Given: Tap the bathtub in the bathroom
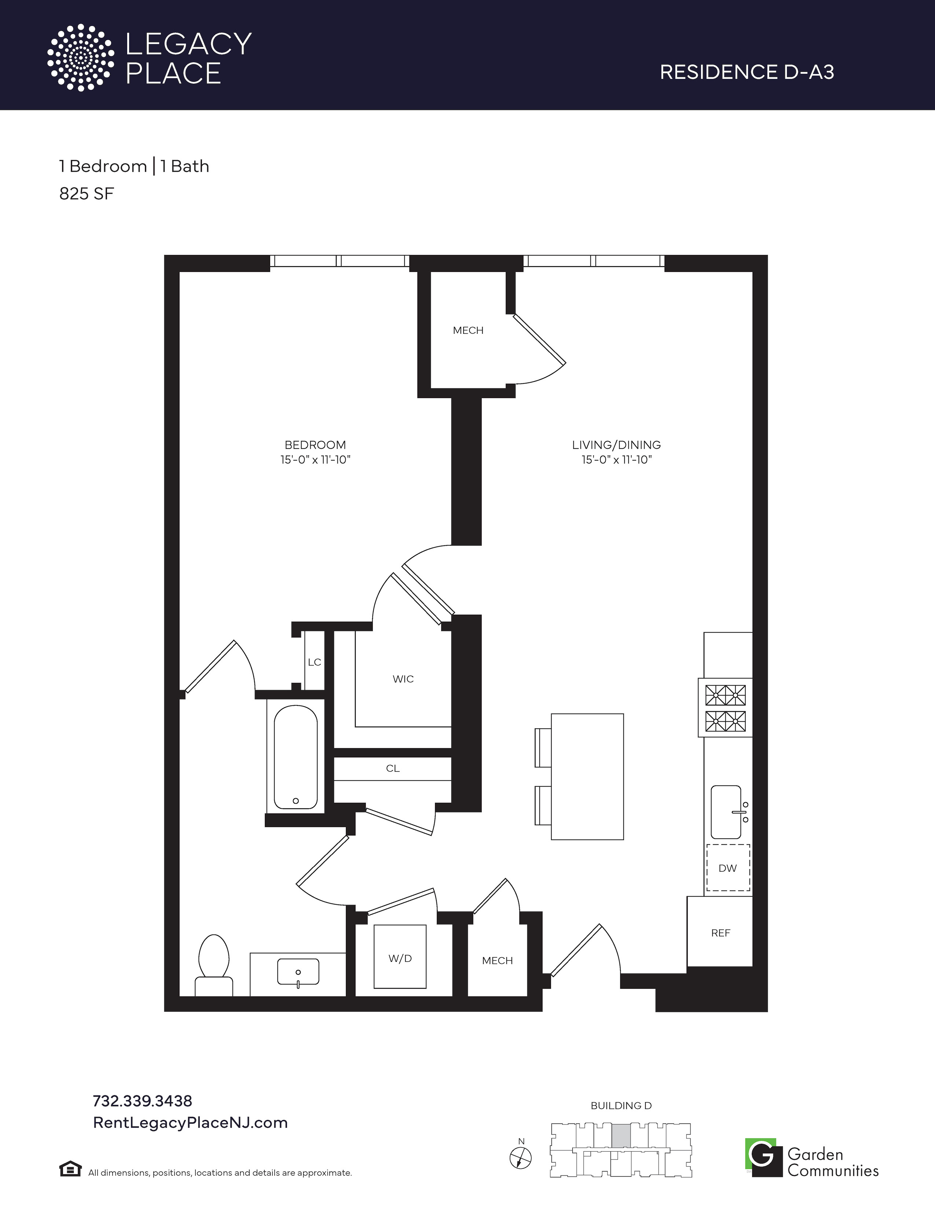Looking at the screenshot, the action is click(x=296, y=757).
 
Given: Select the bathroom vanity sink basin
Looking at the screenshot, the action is click(x=298, y=972).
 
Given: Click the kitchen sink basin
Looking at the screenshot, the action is click(x=726, y=812).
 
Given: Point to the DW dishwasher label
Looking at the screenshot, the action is click(x=728, y=868).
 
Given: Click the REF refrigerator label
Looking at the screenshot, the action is click(x=720, y=933).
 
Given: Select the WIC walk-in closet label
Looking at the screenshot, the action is click(x=403, y=679).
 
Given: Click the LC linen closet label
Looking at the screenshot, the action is click(x=315, y=662).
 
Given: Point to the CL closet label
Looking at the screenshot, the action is click(x=393, y=769).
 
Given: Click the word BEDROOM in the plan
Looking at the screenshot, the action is click(x=315, y=445).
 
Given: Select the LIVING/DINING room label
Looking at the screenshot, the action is click(x=616, y=445).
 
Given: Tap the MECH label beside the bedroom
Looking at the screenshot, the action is click(x=468, y=330).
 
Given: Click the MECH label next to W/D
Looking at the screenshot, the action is click(x=498, y=961).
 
